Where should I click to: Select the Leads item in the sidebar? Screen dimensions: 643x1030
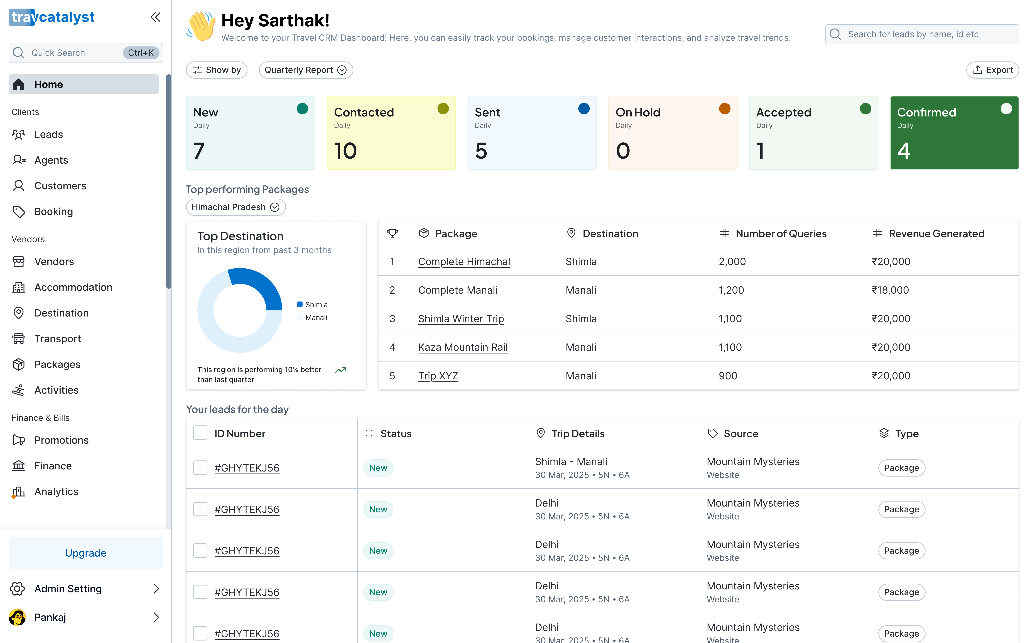point(48,134)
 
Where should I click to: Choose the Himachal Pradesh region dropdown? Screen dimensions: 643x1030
point(235,207)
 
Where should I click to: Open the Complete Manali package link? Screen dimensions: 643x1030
point(458,290)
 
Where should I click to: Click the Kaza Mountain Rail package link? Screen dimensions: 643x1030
point(463,347)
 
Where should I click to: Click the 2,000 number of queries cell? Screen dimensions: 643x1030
point(732,261)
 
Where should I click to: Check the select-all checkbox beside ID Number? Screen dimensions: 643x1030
point(200,433)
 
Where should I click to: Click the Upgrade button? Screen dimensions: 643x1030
point(85,553)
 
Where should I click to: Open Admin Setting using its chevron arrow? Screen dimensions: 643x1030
point(156,589)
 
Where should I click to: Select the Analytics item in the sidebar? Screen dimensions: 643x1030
point(56,492)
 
